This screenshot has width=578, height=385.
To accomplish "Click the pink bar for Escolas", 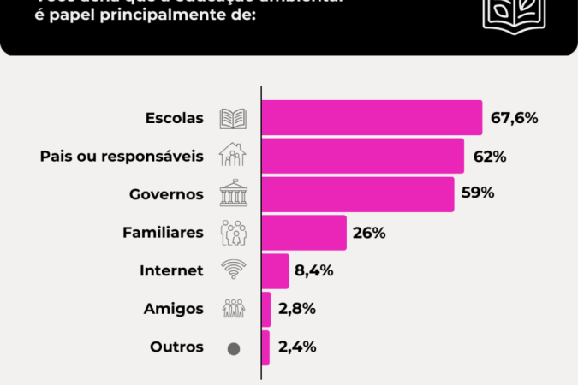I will click(x=372, y=118).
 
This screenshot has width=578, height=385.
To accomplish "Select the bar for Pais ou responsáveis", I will click(x=362, y=156).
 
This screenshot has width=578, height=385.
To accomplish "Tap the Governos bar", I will click(x=357, y=193).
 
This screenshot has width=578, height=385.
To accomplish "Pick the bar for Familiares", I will click(x=303, y=232).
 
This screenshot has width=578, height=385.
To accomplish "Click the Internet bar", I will click(x=275, y=270).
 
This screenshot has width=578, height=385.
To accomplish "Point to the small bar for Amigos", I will click(x=266, y=309).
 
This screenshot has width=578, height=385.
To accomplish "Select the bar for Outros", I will click(x=265, y=347).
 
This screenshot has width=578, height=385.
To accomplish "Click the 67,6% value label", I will click(x=514, y=118).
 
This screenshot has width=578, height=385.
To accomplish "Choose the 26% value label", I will click(x=370, y=232).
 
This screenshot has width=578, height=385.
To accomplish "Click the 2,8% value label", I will click(x=296, y=309).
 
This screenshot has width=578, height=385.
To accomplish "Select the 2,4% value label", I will click(x=296, y=347).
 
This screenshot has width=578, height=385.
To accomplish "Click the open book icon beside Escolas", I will click(x=233, y=118).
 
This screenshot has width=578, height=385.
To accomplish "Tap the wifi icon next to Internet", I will click(x=233, y=270).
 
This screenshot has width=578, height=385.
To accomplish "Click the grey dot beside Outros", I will click(x=233, y=348).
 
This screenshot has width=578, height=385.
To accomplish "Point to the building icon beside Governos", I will click(x=233, y=193).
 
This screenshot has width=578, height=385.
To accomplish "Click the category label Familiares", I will click(x=163, y=232).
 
